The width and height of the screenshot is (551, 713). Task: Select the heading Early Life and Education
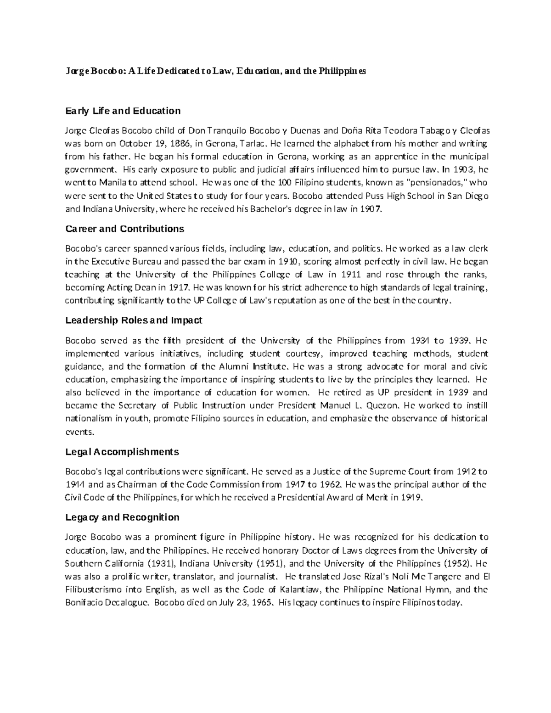[x=123, y=111]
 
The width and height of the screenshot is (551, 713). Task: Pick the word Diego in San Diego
[x=477, y=196]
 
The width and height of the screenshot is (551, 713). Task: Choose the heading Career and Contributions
[x=124, y=229]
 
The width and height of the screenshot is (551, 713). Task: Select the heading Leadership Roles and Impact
[x=134, y=320]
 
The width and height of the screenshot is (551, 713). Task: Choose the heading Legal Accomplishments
[x=122, y=452]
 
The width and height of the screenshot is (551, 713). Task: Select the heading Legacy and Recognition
[x=122, y=517]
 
